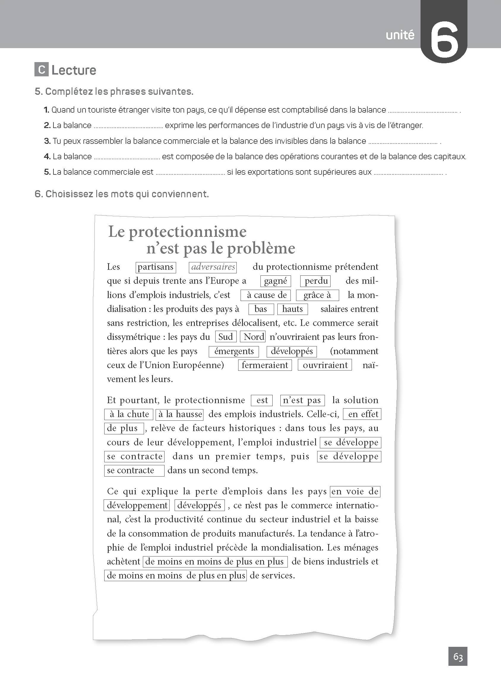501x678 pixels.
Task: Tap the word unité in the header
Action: coord(400,35)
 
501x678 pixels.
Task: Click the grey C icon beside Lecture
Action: coord(42,70)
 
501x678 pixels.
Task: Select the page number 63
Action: coord(458,657)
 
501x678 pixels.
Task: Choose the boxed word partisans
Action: coord(156,267)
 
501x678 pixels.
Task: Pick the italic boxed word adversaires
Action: coord(213,267)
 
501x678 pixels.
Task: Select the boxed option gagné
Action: coord(275,281)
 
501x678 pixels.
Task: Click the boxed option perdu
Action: coord(316,281)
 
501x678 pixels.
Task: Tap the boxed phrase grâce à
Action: coord(317,295)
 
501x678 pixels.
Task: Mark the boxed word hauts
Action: coord(292,309)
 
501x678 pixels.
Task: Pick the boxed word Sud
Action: coord(226,337)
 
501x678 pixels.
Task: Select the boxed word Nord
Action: coord(253,337)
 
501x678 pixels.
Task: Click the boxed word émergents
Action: coord(234,351)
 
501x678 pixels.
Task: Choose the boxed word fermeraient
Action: coord(265,365)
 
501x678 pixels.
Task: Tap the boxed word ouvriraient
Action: coord(325,365)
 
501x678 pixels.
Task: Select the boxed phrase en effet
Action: coord(362,414)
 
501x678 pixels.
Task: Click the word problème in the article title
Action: coord(261,249)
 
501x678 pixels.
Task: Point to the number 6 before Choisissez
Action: coord(38,194)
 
